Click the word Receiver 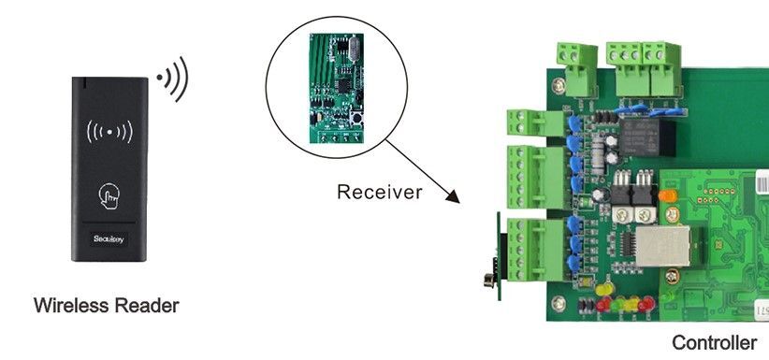(x=379, y=193)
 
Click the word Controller (x=714, y=343)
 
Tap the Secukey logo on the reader (x=109, y=238)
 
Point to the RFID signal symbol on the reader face (x=109, y=131)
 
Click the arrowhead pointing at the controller (x=454, y=197)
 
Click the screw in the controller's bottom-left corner (x=559, y=303)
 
